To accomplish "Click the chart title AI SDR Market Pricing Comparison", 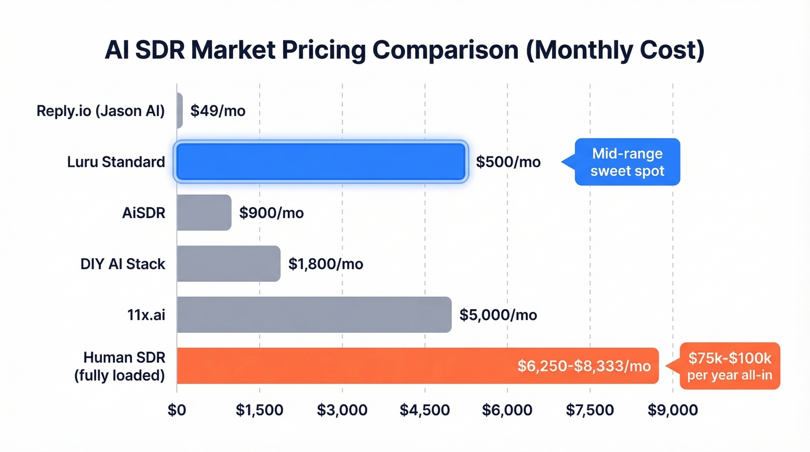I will pyautogui.click(x=404, y=50).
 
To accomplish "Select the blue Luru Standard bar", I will pyautogui.click(x=321, y=162).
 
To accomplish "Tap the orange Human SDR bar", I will pyautogui.click(x=347, y=366).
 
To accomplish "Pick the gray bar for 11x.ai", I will pyautogui.click(x=314, y=315).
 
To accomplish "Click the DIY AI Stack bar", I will pyautogui.click(x=229, y=264).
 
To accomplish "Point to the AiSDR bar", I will pyautogui.click(x=204, y=213).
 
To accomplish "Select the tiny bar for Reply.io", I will pyautogui.click(x=180, y=111).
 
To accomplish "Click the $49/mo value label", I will pyautogui.click(x=218, y=111).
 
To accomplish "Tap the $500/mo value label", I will pyautogui.click(x=508, y=162).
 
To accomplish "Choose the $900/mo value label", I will pyautogui.click(x=271, y=213).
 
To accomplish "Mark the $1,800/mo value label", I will pyautogui.click(x=325, y=264).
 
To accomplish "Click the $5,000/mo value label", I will pyautogui.click(x=498, y=315).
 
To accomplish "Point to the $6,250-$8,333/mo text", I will pyautogui.click(x=584, y=366).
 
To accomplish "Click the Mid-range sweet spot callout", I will pyautogui.click(x=628, y=162).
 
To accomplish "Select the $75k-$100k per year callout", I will pyautogui.click(x=730, y=366).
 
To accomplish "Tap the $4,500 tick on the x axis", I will pyautogui.click(x=425, y=410).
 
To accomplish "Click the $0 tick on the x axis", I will pyautogui.click(x=176, y=410).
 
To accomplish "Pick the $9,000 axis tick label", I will pyautogui.click(x=673, y=410).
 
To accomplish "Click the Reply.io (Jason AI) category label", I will pyautogui.click(x=101, y=111).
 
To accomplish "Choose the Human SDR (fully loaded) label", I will pyautogui.click(x=119, y=366).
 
